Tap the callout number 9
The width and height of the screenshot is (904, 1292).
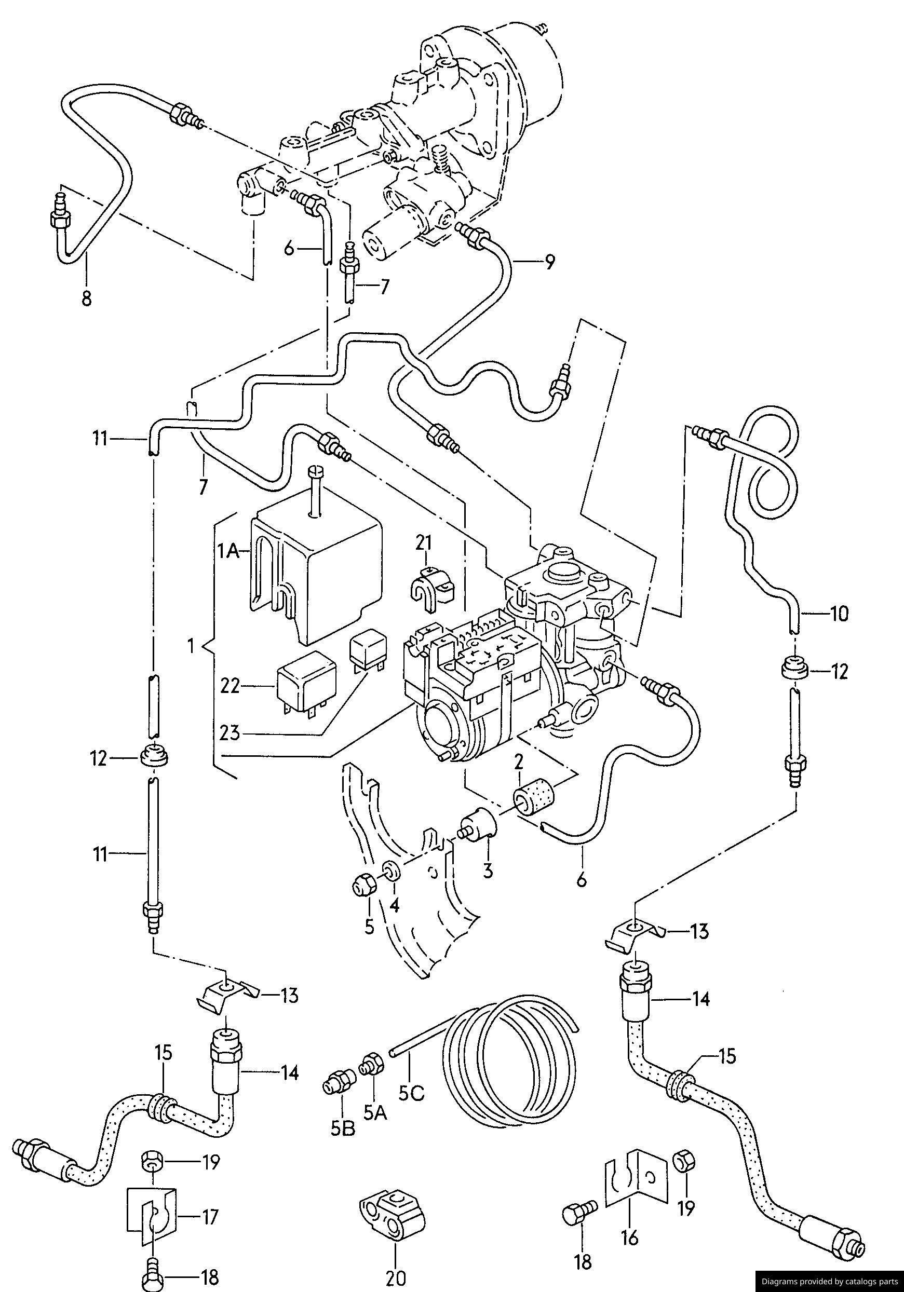pos(549,262)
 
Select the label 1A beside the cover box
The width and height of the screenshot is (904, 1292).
pos(229,553)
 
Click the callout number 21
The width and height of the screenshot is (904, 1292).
pos(423,543)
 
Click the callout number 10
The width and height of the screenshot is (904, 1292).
pos(838,614)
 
